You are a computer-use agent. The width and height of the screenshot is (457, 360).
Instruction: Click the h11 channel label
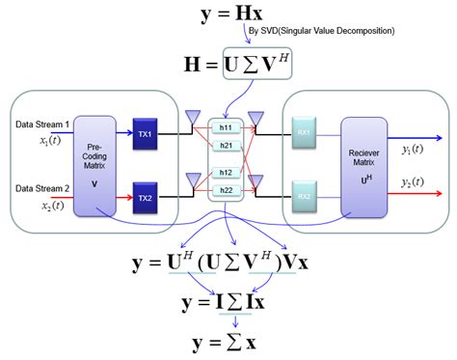pos(226,126)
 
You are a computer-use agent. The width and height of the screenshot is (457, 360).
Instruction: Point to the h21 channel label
pos(226,145)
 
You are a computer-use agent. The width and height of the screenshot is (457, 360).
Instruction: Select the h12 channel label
pos(226,172)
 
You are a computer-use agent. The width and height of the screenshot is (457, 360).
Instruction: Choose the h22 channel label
pos(226,190)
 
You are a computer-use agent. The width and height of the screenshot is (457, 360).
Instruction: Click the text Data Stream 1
pos(41,125)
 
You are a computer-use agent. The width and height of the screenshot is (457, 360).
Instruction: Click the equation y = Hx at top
pos(228,14)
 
